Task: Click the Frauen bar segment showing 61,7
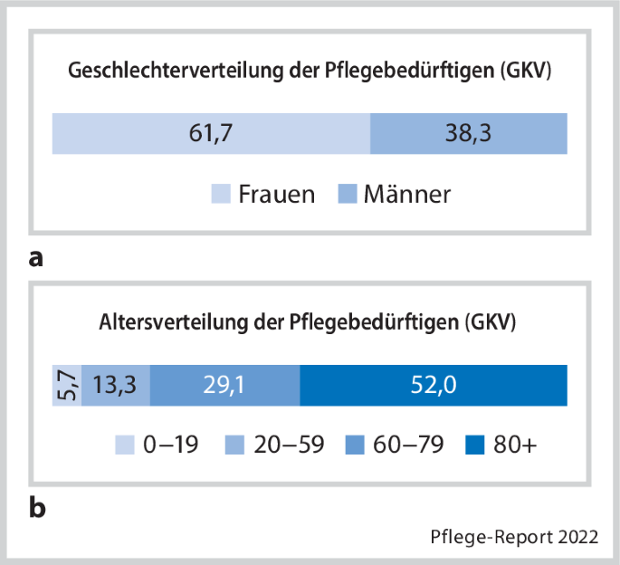tap(211, 133)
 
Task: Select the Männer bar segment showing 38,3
tap(469, 133)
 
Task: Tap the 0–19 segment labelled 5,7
tap(67, 386)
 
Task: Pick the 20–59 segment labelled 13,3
tap(116, 386)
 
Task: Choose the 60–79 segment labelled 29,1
tap(224, 386)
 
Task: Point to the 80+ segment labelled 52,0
tap(433, 386)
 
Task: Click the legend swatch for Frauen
tap(221, 194)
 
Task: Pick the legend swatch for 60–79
tap(357, 445)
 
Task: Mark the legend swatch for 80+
tap(474, 445)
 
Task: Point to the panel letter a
tap(36, 259)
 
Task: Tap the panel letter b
tap(37, 508)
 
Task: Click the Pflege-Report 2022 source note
tap(513, 536)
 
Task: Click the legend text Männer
tap(406, 194)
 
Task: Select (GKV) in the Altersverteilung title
tap(488, 322)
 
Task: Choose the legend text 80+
tap(513, 445)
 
